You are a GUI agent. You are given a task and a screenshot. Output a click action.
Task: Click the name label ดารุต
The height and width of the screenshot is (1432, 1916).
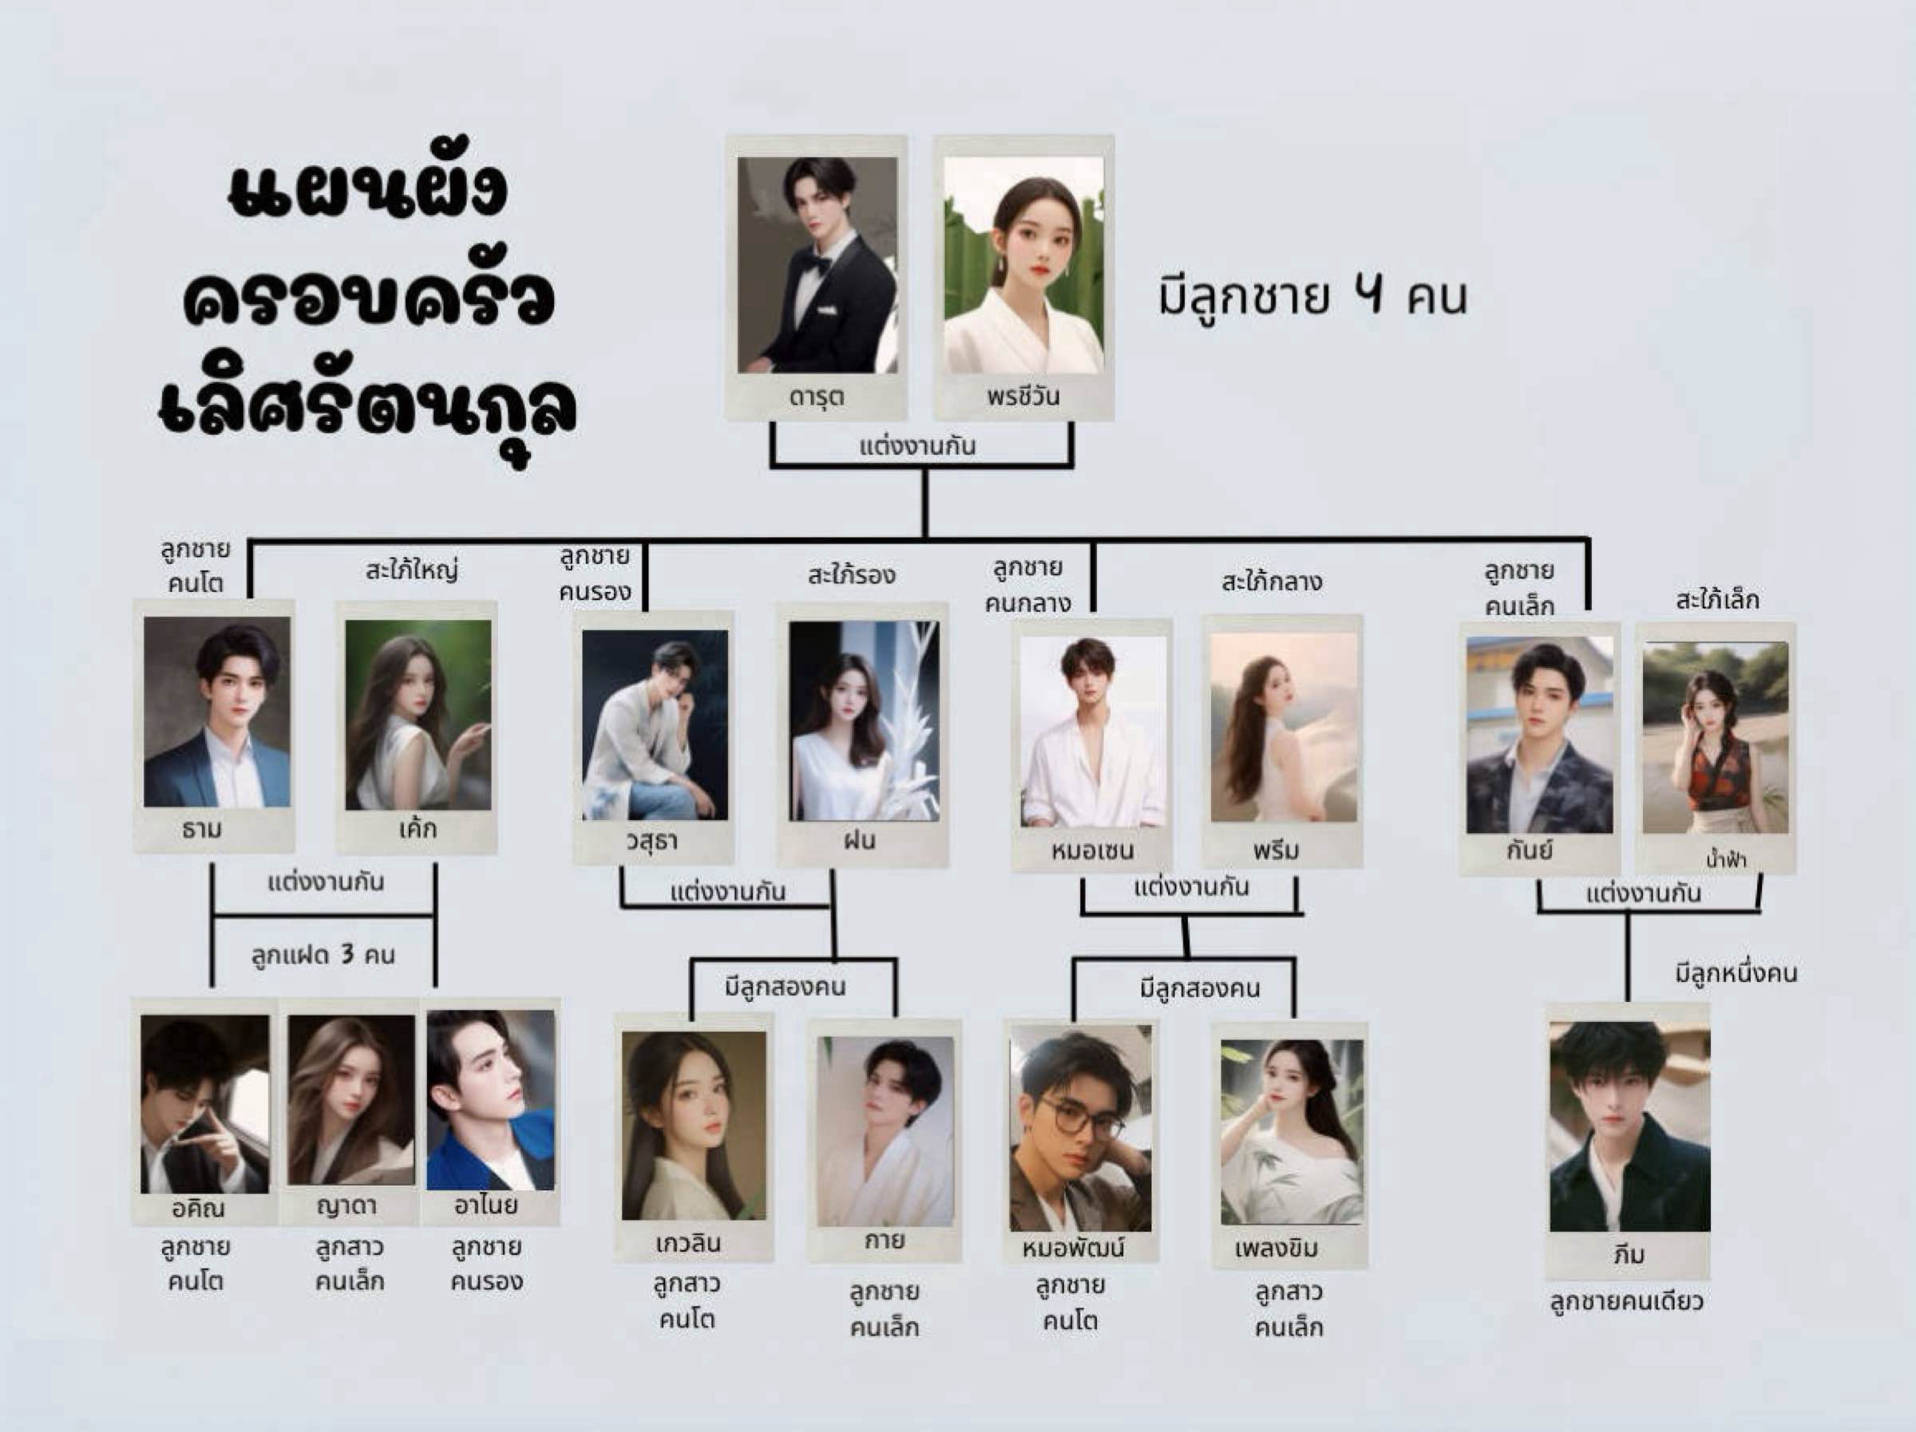pyautogui.click(x=816, y=397)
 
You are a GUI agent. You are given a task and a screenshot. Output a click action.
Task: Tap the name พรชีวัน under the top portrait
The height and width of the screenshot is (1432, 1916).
pyautogui.click(x=1023, y=397)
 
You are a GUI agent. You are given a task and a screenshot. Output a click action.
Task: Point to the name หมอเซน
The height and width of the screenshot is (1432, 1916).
pyautogui.click(x=1092, y=851)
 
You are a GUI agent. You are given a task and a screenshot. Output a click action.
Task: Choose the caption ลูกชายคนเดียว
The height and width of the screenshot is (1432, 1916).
pyautogui.click(x=1626, y=1301)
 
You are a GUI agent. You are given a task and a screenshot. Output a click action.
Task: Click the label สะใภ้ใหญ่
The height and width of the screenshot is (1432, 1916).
pyautogui.click(x=411, y=570)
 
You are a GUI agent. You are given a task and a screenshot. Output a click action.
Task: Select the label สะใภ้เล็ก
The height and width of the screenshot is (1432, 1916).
pyautogui.click(x=1716, y=599)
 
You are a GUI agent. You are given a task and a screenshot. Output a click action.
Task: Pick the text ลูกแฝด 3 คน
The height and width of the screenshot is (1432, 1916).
pyautogui.click(x=323, y=955)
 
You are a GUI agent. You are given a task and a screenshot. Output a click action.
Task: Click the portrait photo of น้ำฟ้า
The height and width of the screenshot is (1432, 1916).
pyautogui.click(x=1715, y=738)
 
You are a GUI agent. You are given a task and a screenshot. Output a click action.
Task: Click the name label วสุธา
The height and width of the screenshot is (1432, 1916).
pyautogui.click(x=651, y=842)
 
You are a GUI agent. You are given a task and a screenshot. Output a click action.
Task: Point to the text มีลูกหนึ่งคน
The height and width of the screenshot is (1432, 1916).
pyautogui.click(x=1735, y=973)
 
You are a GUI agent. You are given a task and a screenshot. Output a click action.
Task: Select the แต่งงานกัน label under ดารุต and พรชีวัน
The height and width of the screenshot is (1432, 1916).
pyautogui.click(x=917, y=447)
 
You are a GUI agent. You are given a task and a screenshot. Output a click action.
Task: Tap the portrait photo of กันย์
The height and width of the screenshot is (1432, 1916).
pyautogui.click(x=1539, y=736)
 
